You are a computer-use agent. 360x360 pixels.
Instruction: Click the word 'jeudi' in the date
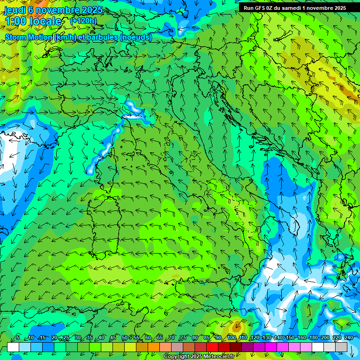coord(15,10)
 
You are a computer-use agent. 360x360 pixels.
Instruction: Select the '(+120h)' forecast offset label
coord(83,21)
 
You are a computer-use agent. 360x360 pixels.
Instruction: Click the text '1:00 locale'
coord(33,22)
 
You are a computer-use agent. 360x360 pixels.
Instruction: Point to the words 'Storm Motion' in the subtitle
coord(28,37)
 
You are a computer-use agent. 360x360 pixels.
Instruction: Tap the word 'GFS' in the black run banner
coord(261,8)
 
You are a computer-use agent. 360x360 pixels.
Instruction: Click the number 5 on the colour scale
coord(18,338)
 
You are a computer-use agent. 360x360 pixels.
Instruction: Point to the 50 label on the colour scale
coord(125,338)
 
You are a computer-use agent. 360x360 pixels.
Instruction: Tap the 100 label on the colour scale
coord(232,338)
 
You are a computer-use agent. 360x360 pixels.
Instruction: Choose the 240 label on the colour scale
coord(349,338)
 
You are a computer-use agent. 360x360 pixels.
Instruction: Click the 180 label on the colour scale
coord(314,338)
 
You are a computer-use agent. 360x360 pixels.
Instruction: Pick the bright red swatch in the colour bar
coord(212,347)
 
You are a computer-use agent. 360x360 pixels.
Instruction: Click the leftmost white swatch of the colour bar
coord(13,347)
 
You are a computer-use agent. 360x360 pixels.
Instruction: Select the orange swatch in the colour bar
coord(154,347)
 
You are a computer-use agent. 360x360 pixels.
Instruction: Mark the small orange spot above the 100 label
coord(237,323)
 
